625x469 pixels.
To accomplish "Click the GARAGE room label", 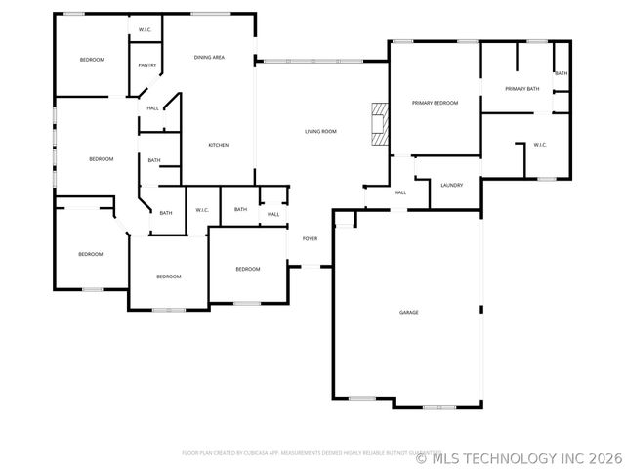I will tap(408, 312).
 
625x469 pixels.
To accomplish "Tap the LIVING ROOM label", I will tap(320, 131).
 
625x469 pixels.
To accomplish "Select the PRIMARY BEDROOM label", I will tap(435, 103).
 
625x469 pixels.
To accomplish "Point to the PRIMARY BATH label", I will tap(521, 89).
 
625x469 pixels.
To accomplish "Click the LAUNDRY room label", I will tap(451, 185).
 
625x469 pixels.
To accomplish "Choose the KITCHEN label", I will tap(219, 146).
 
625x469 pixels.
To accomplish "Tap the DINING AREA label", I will tap(209, 58).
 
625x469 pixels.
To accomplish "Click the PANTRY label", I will tap(147, 65).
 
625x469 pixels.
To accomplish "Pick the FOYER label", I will tap(310, 238).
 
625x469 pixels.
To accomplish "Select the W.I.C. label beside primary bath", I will tap(540, 145).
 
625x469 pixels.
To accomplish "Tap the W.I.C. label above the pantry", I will tap(145, 30).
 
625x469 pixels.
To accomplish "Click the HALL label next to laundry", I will tap(400, 192).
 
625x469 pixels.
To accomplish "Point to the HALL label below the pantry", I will tap(153, 108).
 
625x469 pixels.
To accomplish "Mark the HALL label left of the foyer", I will tap(273, 214).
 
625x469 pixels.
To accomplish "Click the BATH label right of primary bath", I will tap(561, 73).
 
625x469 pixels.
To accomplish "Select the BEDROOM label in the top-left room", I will tap(92, 60).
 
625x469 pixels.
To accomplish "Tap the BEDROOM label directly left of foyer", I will tap(247, 269).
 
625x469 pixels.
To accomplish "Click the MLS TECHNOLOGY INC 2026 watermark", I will tap(519, 457).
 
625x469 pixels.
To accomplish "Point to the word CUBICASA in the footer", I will tap(250, 453).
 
